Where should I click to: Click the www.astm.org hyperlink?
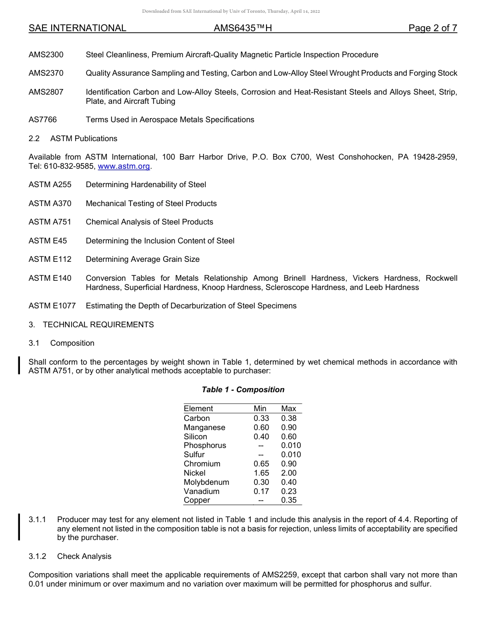click(x=124, y=166)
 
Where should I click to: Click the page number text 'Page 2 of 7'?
click(x=432, y=28)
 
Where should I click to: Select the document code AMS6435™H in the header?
click(x=242, y=28)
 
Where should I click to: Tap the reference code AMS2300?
click(x=46, y=55)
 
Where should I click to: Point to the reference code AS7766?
click(x=43, y=120)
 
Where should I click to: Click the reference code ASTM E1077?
click(x=52, y=306)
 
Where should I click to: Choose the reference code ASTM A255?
click(x=50, y=185)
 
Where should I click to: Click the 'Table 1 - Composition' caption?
click(x=243, y=390)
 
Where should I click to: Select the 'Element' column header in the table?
click(x=198, y=409)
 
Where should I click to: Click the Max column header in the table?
click(x=289, y=409)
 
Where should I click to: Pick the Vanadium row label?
click(x=202, y=491)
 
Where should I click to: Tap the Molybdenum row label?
click(x=206, y=482)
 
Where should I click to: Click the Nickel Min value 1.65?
click(x=261, y=473)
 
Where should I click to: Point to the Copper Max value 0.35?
click(x=289, y=501)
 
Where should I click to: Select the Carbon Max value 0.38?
click(x=289, y=418)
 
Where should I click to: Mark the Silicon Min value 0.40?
click(x=261, y=437)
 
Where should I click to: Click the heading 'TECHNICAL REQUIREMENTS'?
click(x=98, y=325)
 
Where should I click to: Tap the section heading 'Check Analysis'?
click(x=84, y=556)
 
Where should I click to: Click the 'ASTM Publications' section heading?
click(x=83, y=139)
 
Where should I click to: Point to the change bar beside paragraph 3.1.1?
click(x=19, y=527)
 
